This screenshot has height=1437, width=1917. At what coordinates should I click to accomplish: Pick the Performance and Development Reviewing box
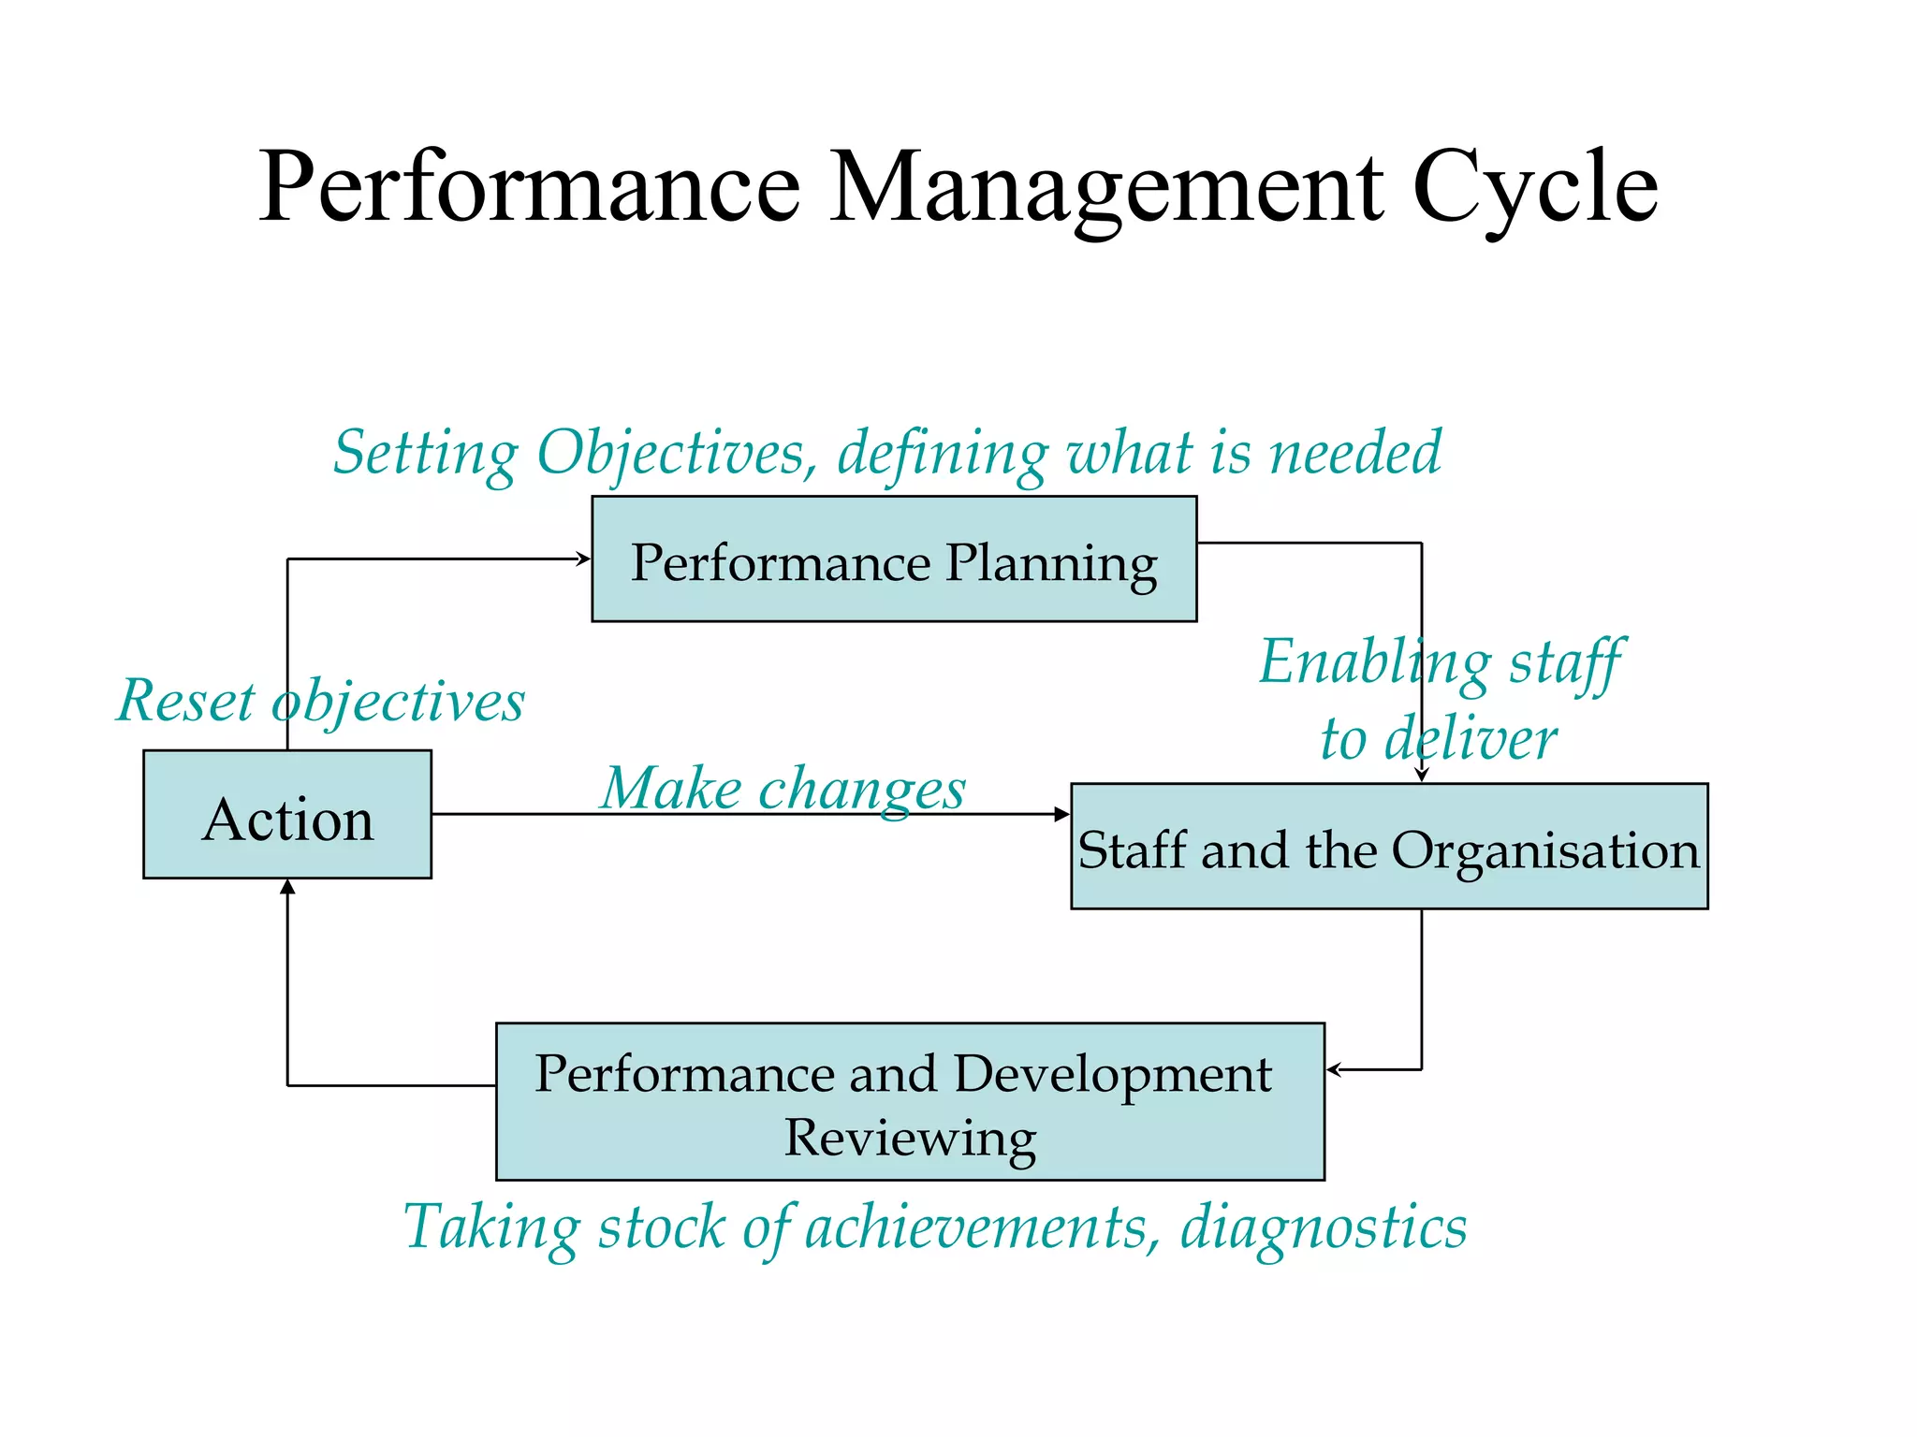point(910,1101)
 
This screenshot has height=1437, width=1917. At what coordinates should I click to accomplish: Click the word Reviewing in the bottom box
point(910,1138)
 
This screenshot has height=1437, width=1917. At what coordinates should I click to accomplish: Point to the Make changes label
point(783,788)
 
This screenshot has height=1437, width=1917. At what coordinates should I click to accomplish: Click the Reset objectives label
point(320,701)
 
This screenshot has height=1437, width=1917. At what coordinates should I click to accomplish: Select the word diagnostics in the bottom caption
point(1323,1227)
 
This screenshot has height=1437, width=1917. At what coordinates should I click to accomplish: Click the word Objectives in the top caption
point(670,453)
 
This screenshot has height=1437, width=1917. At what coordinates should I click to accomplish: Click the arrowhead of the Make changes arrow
point(1062,815)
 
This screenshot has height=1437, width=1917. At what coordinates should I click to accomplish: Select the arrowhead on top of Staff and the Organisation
point(1422,776)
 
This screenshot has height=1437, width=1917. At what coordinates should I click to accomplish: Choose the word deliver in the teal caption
point(1471,739)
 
